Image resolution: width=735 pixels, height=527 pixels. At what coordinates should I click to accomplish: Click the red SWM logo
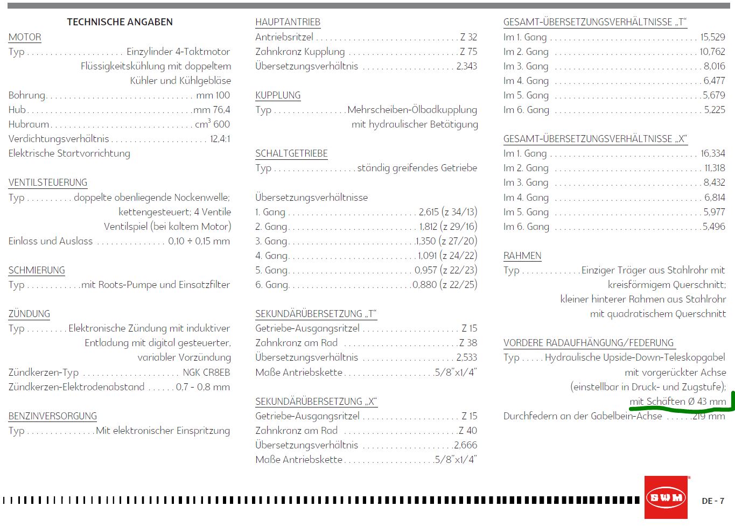coord(666,497)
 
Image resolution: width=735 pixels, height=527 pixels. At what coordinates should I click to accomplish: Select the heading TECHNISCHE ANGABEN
coord(120,22)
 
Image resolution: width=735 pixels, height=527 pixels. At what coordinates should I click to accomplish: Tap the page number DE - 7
coord(713,501)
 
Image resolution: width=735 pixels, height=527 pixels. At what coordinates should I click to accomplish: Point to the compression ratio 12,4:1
coord(220,139)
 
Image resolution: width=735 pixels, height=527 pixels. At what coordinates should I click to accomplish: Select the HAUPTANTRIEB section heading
coord(288,22)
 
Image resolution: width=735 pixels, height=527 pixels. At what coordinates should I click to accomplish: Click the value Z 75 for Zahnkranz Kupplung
coord(468,52)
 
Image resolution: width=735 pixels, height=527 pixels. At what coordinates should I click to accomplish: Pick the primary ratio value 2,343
coord(466,66)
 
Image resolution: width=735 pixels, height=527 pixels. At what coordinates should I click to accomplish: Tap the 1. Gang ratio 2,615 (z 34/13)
coord(447,212)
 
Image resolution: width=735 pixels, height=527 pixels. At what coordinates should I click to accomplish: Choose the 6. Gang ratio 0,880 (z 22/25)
coord(445,285)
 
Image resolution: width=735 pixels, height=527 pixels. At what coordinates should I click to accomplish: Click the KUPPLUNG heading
coord(278,95)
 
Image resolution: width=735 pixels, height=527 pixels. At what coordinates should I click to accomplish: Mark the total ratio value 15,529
coord(712,37)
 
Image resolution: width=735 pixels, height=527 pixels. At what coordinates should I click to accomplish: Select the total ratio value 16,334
coord(712,153)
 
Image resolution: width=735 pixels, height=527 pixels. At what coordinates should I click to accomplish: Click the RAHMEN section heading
coord(522,256)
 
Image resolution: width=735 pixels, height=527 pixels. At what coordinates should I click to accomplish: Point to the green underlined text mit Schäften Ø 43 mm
coord(677,402)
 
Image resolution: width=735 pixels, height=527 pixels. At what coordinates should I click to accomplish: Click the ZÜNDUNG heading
coord(29,314)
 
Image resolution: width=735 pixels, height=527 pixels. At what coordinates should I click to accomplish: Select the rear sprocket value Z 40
coord(468,431)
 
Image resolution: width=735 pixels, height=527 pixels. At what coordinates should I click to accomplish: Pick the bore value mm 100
coord(213,95)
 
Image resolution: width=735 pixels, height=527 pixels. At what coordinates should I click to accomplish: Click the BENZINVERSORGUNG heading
coord(53,416)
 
